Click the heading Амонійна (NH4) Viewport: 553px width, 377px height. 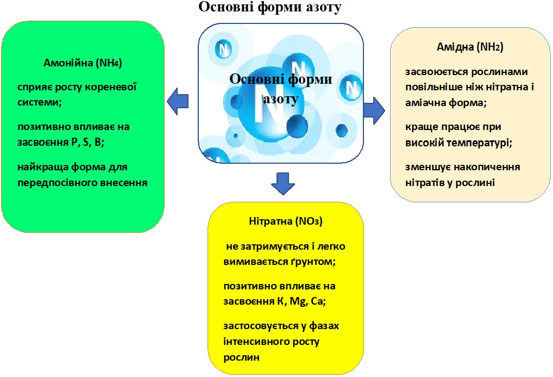(x=83, y=63)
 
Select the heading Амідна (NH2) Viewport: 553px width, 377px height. (x=470, y=47)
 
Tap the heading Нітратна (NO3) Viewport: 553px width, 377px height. (x=286, y=221)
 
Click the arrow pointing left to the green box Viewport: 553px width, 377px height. (x=178, y=101)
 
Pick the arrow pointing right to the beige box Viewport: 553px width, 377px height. (x=374, y=110)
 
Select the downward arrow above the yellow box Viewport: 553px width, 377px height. (x=283, y=183)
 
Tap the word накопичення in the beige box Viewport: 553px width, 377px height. (x=487, y=167)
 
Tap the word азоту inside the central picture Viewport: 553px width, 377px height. (x=281, y=98)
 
